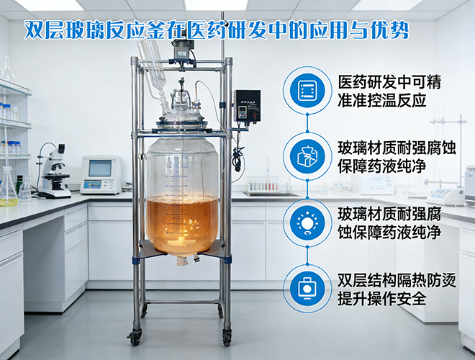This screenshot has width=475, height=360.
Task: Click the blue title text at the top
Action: (x=217, y=31)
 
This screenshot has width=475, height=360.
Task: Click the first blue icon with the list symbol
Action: (x=307, y=91)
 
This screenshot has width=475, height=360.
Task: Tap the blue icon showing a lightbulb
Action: (x=307, y=222)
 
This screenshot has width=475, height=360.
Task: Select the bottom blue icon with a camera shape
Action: (x=307, y=288)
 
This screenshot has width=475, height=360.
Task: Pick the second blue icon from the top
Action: (x=307, y=156)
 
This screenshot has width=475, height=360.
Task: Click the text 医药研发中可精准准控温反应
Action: (x=389, y=91)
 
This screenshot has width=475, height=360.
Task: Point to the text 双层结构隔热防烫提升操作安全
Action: (x=397, y=289)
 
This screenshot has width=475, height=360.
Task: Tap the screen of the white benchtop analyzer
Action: (x=100, y=168)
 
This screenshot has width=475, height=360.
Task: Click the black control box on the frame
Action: (x=247, y=105)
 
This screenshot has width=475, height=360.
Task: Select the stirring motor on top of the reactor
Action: (x=183, y=52)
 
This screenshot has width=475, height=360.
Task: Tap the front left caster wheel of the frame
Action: (x=135, y=337)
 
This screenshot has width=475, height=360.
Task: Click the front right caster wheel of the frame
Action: (x=227, y=337)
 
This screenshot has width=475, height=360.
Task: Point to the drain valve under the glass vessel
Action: (x=184, y=261)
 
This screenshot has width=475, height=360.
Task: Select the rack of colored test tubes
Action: (x=263, y=184)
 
